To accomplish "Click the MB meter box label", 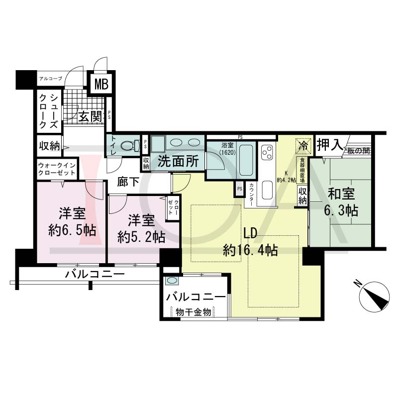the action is pyautogui.click(x=101, y=84).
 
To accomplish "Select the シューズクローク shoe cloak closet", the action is pyautogui.click(x=49, y=111).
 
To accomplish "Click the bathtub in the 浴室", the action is pyautogui.click(x=246, y=160).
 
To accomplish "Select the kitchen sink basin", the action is pyautogui.click(x=267, y=190).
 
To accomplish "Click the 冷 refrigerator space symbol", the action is pyautogui.click(x=303, y=146).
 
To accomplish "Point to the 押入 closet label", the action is pyautogui.click(x=330, y=144).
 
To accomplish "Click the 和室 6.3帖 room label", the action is pyautogui.click(x=341, y=202).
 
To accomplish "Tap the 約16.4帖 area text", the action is pyautogui.click(x=250, y=250).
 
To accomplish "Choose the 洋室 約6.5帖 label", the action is pyautogui.click(x=72, y=221).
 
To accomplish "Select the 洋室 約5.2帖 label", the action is pyautogui.click(x=141, y=228).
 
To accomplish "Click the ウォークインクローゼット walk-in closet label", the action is pyautogui.click(x=57, y=169).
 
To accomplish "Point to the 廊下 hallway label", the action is pyautogui.click(x=128, y=182).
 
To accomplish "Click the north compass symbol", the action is pyautogui.click(x=375, y=295).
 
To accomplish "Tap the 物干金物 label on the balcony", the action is pyautogui.click(x=194, y=312).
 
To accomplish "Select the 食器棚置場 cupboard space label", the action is pyautogui.click(x=302, y=170).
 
